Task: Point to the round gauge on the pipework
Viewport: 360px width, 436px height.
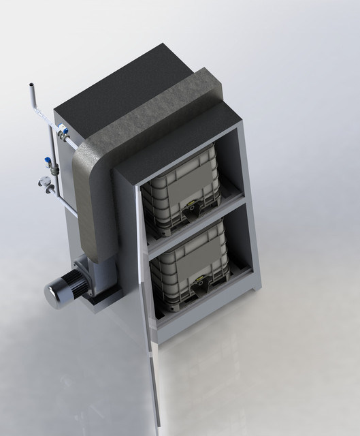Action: pos(45,183)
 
